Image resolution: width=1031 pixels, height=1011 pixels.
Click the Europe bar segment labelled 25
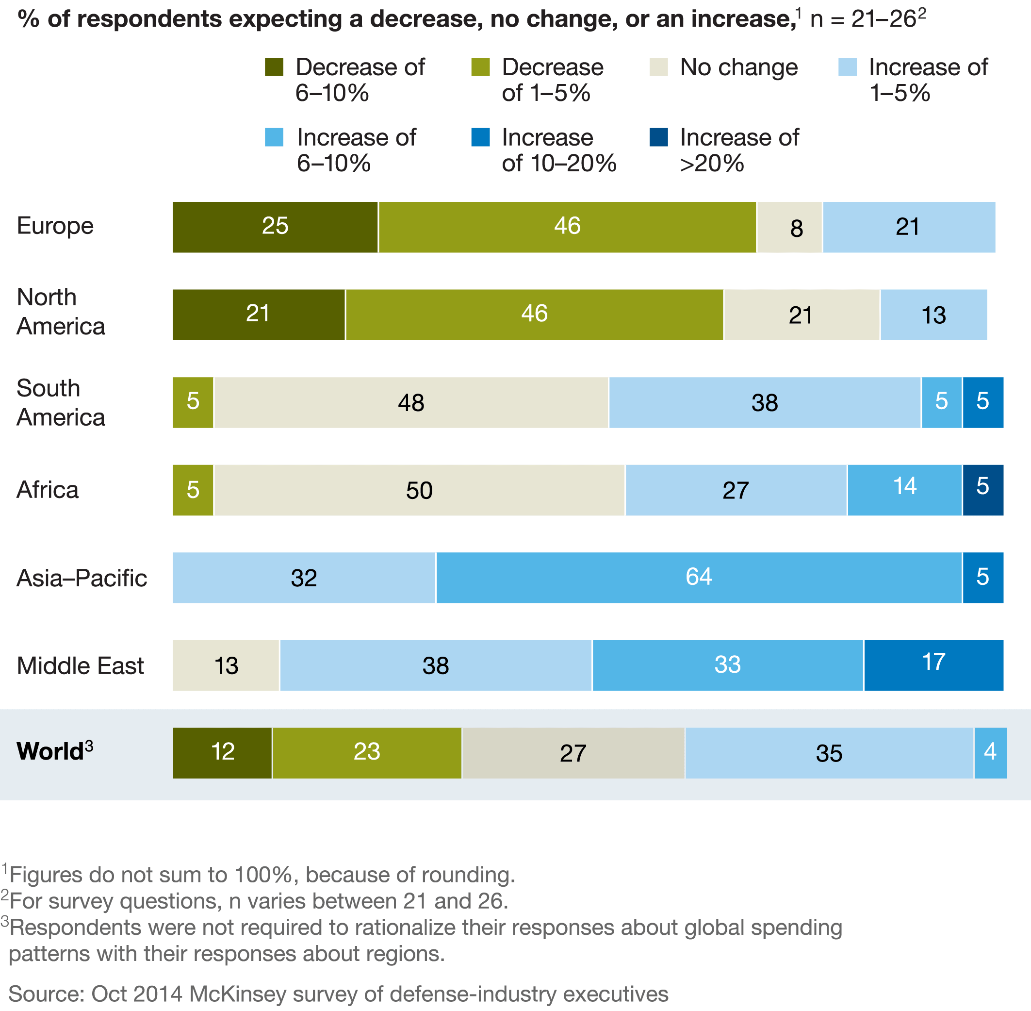pos(275,227)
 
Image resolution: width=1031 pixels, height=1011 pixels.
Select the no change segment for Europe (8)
pos(789,227)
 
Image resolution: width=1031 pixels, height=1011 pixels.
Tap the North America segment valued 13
pos(933,315)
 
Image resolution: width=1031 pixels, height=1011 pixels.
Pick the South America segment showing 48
pos(411,402)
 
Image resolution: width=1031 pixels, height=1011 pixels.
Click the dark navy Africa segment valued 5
pos(982,490)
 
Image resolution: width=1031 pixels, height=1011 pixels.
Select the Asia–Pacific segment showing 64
pos(699,578)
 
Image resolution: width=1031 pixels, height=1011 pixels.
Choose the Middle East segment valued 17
pos(933,665)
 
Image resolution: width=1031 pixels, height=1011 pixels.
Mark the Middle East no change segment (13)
pos(226,665)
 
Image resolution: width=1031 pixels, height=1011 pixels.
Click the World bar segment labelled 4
pos(990,753)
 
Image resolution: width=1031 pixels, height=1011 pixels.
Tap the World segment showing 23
pos(367,753)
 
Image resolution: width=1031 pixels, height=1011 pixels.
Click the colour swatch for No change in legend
pos(658,67)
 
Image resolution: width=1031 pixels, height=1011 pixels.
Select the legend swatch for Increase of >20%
pos(658,137)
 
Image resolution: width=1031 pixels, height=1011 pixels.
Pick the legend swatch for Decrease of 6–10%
pos(274,67)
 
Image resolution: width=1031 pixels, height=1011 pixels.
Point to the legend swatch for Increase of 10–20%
pos(480,137)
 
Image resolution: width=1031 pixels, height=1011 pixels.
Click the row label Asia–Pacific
pos(82,578)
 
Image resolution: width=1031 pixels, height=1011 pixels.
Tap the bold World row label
pos(50,751)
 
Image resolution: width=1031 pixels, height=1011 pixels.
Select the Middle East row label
pos(80,665)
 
